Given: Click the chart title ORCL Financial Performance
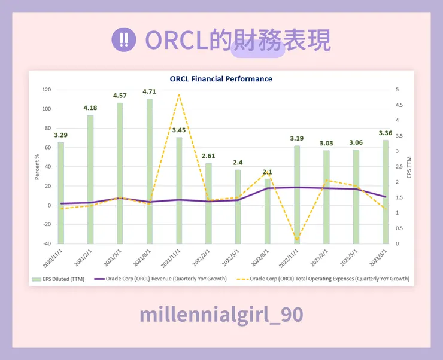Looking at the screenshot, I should [221, 79].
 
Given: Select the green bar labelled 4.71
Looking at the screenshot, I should [150, 170].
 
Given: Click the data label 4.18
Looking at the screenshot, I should [90, 108].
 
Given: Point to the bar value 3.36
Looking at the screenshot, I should [385, 133].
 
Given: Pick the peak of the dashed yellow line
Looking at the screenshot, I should [179, 95].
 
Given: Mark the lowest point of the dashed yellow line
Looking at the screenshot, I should [297, 239].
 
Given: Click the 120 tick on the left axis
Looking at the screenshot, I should [46, 90].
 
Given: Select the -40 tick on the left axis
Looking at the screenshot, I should [46, 243].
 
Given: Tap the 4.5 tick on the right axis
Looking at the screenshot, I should [400, 105].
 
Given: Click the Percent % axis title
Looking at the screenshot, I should [37, 167].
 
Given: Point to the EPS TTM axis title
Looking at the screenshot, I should [409, 167].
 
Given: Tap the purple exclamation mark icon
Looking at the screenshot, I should [124, 40].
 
